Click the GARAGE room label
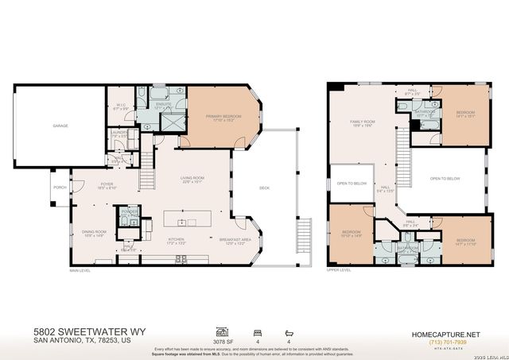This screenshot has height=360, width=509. tap(60, 126)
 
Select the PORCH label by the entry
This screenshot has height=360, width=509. tap(60, 188)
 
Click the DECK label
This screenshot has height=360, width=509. tap(264, 188)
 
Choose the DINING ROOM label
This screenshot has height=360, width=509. tap(95, 233)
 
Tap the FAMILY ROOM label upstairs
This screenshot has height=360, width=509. tap(363, 122)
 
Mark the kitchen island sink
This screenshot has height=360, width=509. tap(182, 222)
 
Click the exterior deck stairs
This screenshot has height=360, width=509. tap(301, 237)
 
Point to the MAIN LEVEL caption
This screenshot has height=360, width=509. tap(80, 271)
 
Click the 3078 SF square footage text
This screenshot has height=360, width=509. tap(222, 339)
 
